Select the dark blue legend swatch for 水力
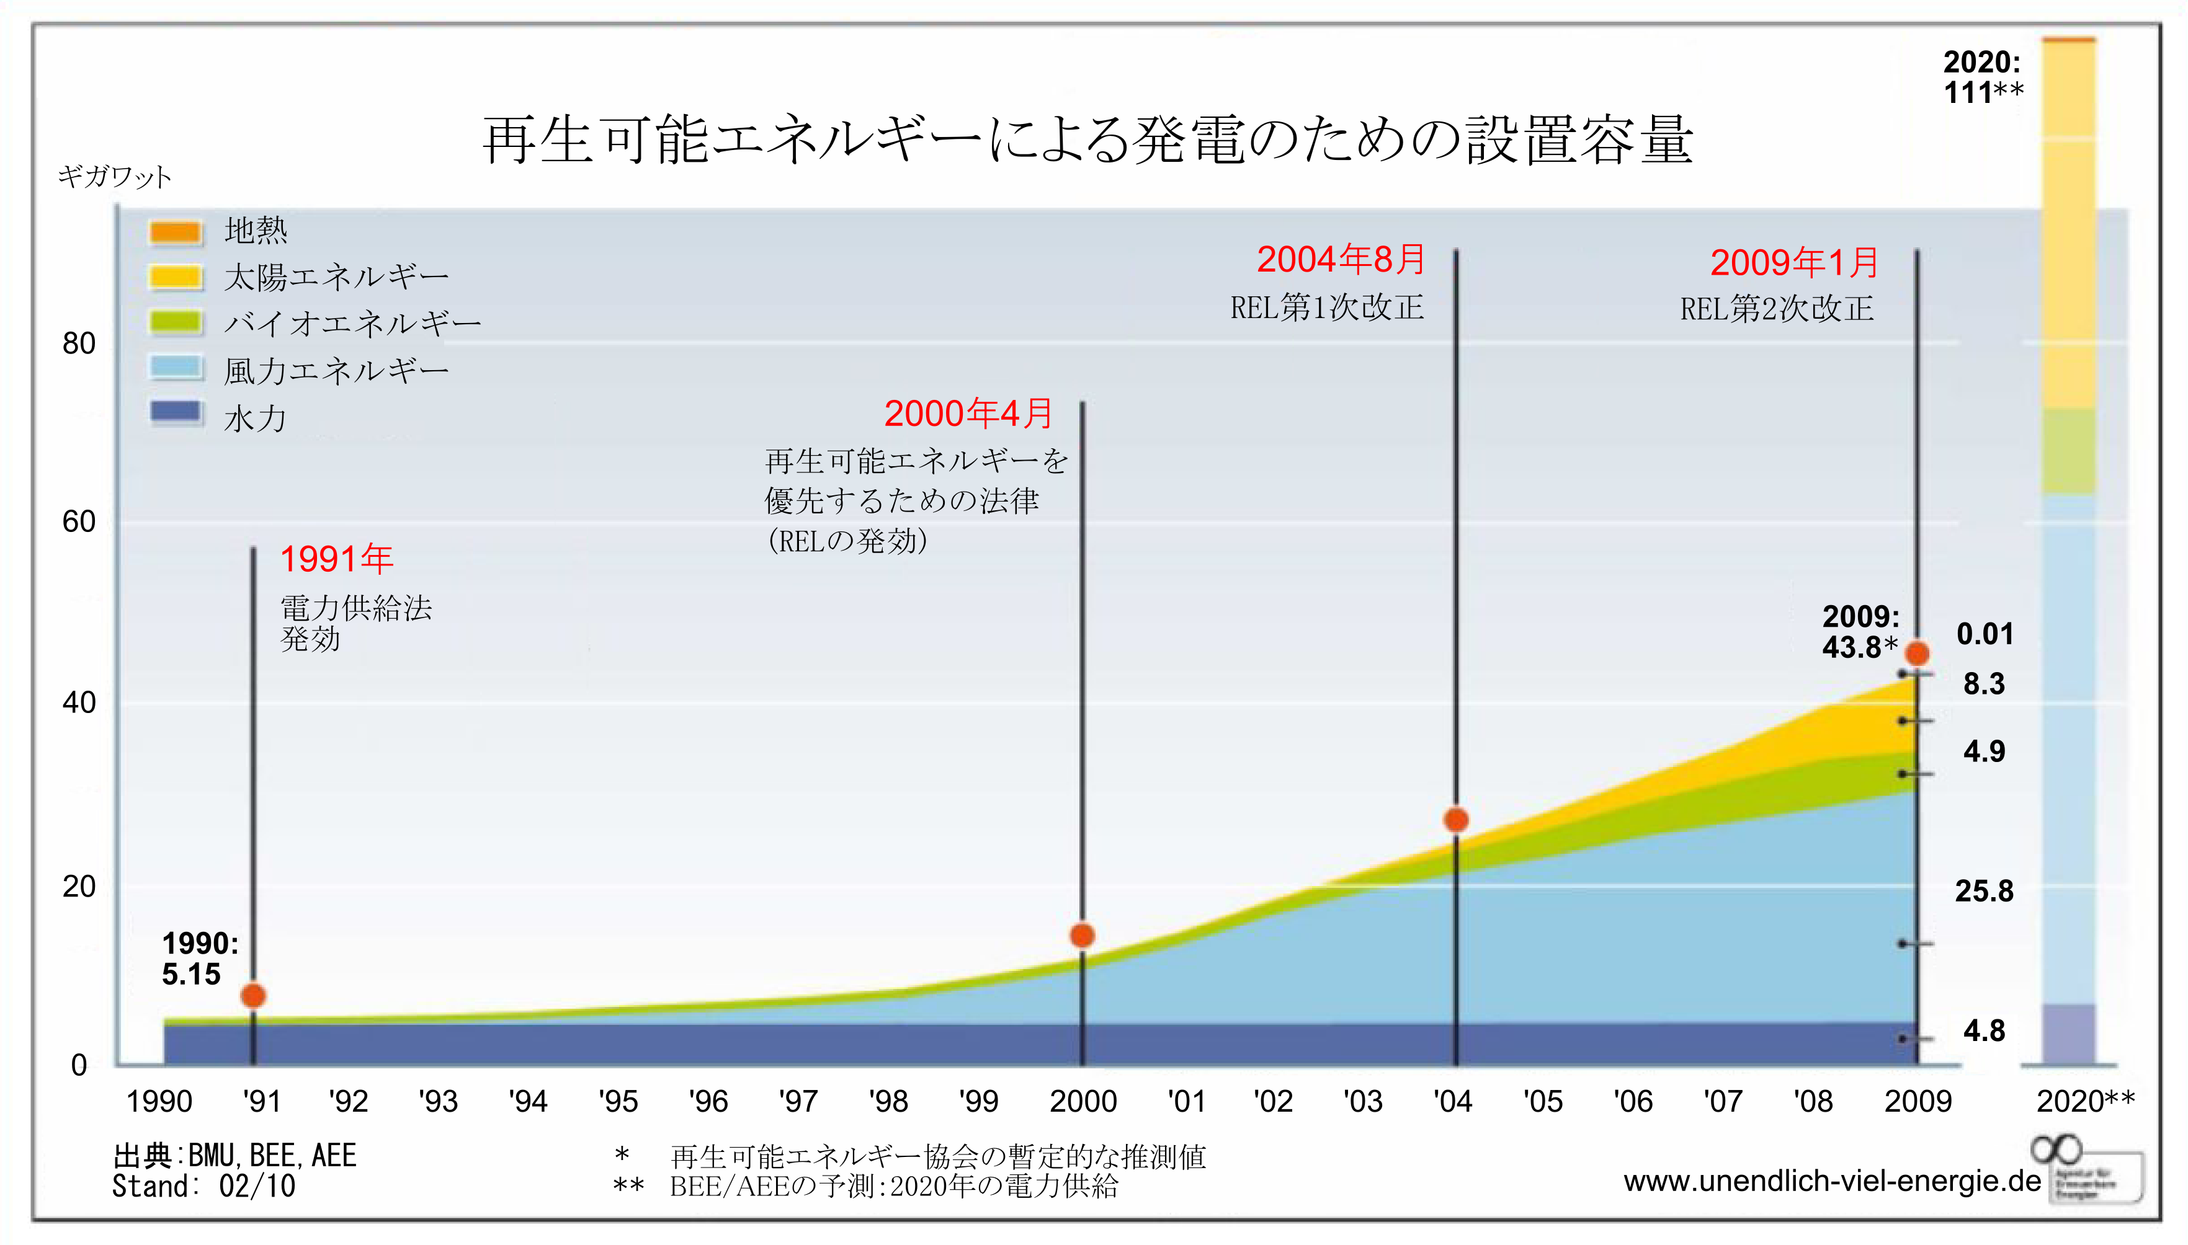176,412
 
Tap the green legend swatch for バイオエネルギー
176,322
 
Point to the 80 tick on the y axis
79,343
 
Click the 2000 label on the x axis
1083,1101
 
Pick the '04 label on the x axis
1452,1101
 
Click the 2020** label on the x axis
2084,1101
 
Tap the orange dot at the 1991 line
253,995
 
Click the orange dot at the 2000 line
1082,936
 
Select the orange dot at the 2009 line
1917,654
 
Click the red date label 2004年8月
1341,260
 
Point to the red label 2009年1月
1793,262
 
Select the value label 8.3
1983,684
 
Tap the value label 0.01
1985,634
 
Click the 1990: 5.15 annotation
199,959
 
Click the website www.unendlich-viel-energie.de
1831,1181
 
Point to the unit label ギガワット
115,177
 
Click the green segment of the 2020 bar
2068,451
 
